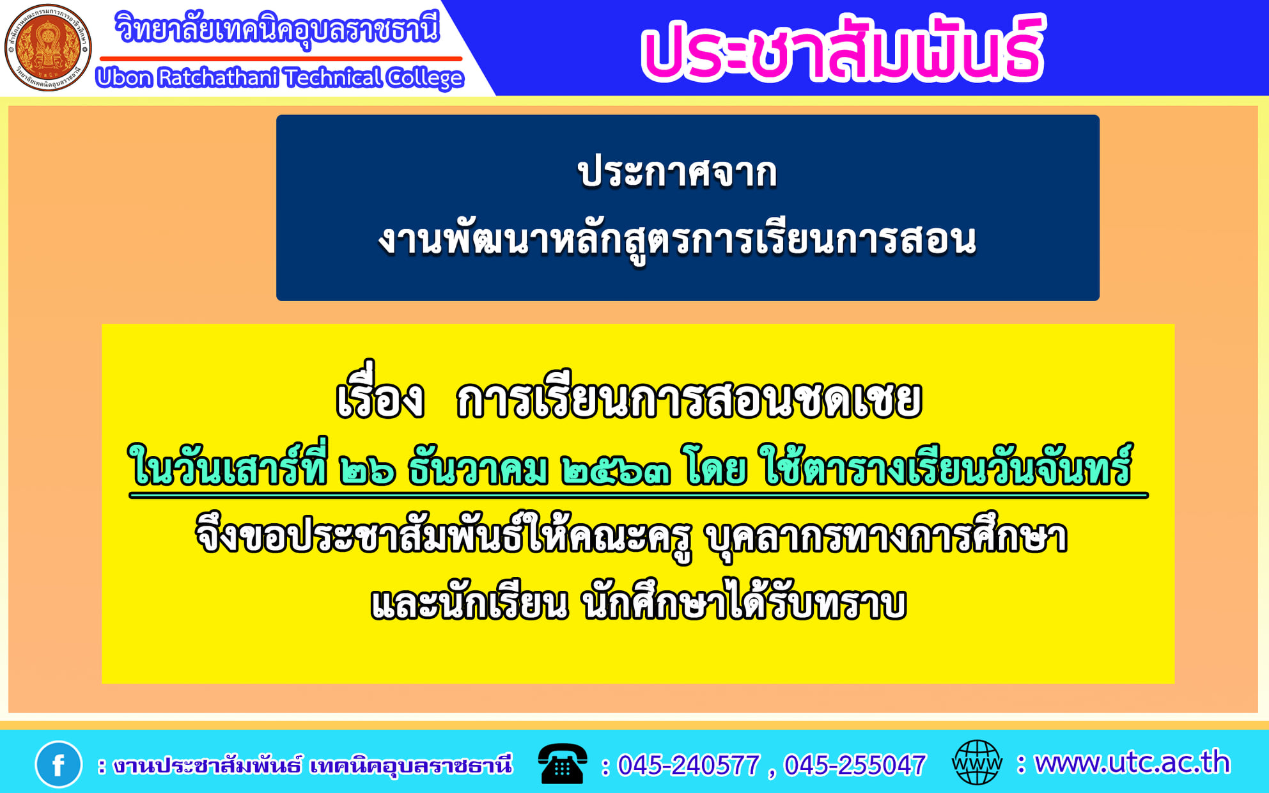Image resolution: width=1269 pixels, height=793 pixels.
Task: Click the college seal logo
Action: tap(48, 47)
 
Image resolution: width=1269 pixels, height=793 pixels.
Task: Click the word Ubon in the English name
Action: tap(124, 78)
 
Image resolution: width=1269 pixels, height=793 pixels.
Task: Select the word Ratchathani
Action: tap(218, 78)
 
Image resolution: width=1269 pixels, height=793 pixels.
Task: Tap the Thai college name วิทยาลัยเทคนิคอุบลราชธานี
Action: tap(277, 29)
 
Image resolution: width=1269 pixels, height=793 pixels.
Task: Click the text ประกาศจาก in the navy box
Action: tap(678, 173)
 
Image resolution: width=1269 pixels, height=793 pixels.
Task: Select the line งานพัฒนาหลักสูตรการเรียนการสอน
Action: tap(678, 241)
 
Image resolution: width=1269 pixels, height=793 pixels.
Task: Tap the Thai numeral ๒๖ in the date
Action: tap(368, 471)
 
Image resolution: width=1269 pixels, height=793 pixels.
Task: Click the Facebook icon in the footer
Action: tap(58, 764)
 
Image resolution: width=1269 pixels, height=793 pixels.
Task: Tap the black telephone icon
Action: tap(562, 764)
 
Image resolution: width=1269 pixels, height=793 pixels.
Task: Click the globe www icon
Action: tap(977, 762)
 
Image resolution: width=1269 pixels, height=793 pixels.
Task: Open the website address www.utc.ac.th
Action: tap(1132, 763)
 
